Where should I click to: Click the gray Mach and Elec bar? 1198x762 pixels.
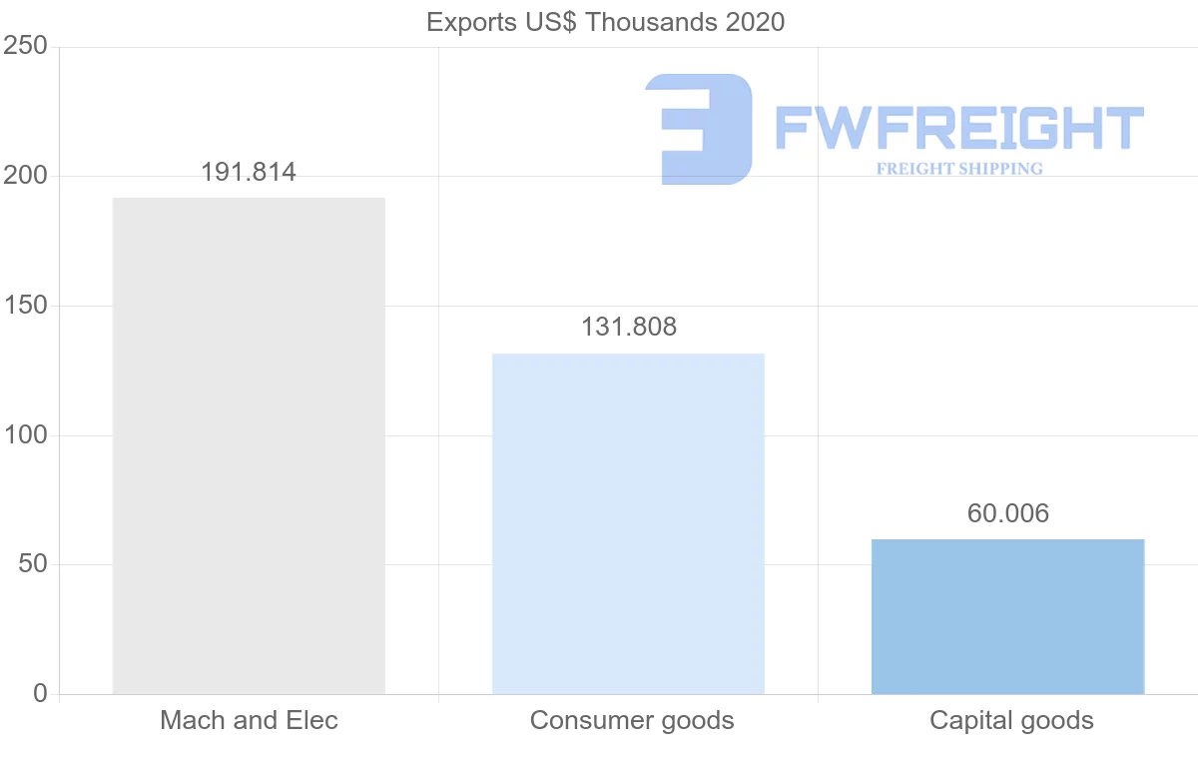[x=249, y=445]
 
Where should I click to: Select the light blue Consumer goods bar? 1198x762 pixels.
[x=628, y=523]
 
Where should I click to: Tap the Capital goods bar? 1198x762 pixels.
[x=1007, y=616]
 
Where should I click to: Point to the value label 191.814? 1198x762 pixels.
[x=249, y=173]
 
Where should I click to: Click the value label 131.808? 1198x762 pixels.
[x=629, y=328]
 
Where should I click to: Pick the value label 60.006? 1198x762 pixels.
[x=1008, y=513]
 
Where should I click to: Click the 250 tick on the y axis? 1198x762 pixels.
[x=26, y=46]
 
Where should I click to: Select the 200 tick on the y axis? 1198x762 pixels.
[x=26, y=176]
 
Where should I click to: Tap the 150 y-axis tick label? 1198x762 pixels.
[x=26, y=306]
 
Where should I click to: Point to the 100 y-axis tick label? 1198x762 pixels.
[x=26, y=435]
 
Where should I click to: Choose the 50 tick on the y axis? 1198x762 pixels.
[x=33, y=564]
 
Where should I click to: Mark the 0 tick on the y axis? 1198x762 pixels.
[x=40, y=694]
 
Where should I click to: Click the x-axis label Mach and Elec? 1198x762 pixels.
[x=249, y=720]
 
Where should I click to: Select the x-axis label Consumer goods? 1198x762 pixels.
[x=632, y=720]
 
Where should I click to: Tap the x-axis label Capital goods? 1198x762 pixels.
[x=1011, y=720]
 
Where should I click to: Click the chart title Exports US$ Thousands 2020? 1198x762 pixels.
[x=606, y=22]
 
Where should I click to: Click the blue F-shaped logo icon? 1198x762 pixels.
[x=699, y=129]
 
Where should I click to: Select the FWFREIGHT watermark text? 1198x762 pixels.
[x=958, y=129]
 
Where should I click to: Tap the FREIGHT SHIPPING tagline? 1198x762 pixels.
[x=959, y=169]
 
